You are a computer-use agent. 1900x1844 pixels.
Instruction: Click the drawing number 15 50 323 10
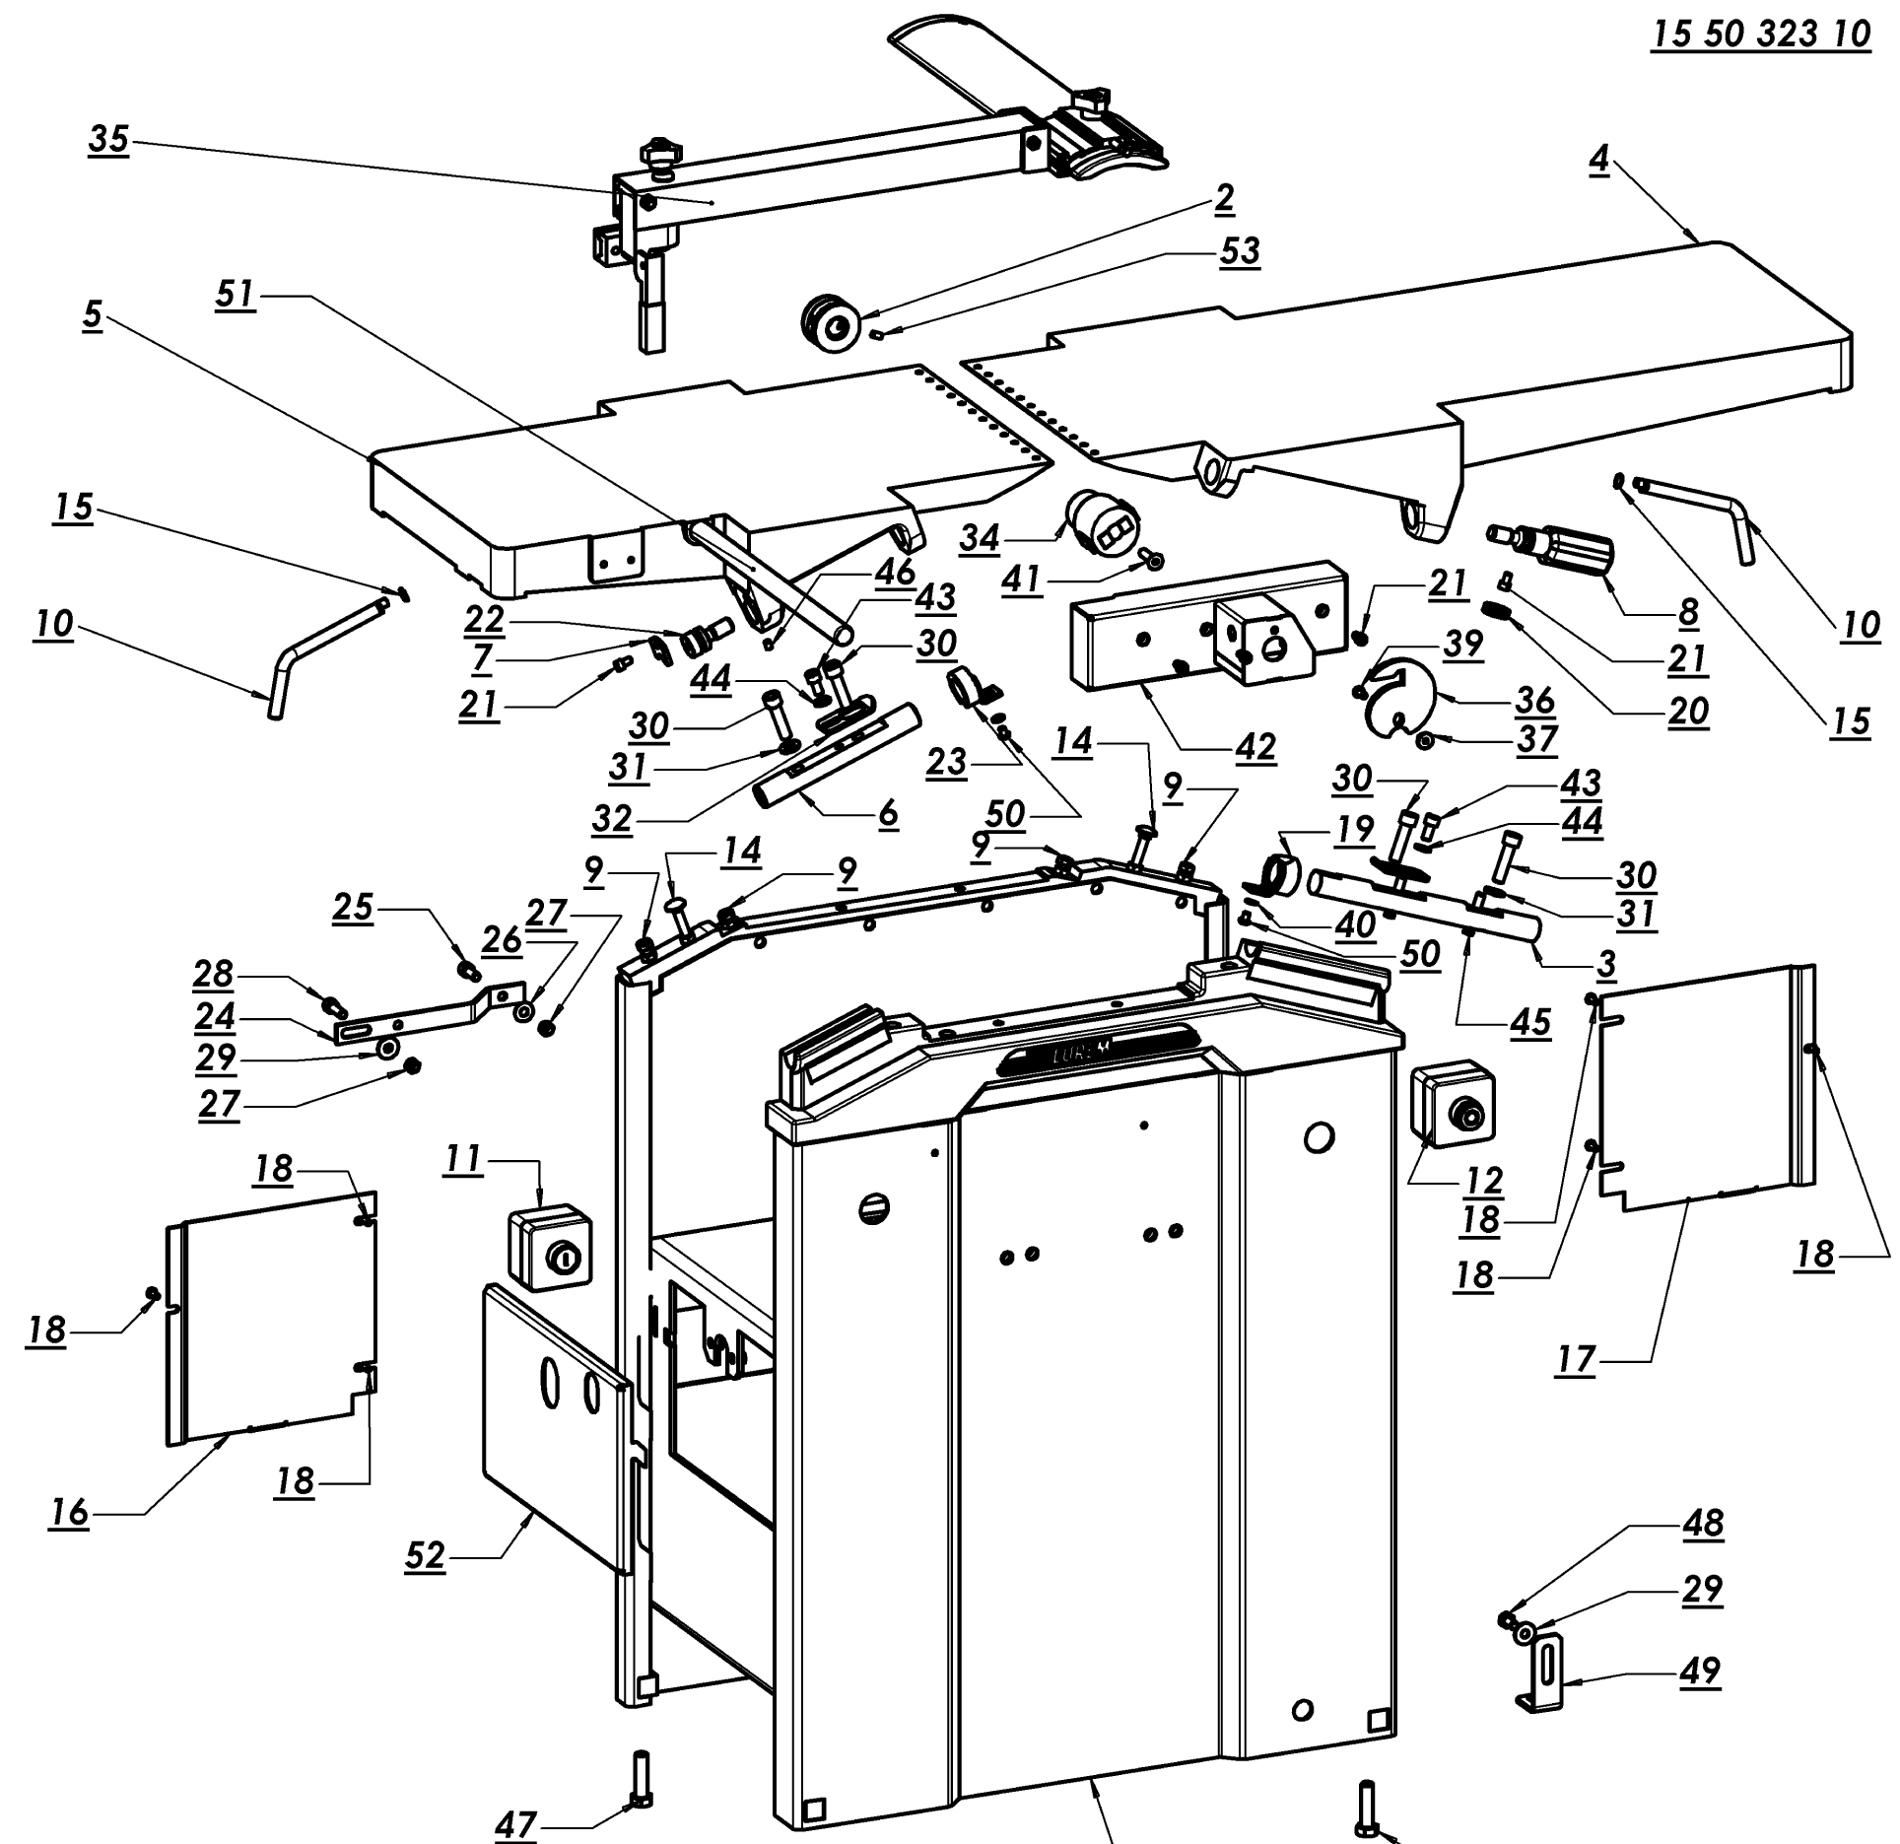point(1760,34)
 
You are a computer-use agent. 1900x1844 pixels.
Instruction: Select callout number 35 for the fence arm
point(108,140)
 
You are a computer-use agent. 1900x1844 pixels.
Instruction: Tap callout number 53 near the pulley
point(1239,251)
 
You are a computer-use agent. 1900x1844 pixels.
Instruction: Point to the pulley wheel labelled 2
point(830,322)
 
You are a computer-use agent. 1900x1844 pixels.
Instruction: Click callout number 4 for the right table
point(1597,160)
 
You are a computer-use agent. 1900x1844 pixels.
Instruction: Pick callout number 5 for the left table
point(92,315)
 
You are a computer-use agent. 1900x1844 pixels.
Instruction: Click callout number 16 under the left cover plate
point(69,1512)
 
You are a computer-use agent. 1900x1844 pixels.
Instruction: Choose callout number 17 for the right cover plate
point(1576,1360)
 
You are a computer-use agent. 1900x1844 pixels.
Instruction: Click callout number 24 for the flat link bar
point(215,1015)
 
